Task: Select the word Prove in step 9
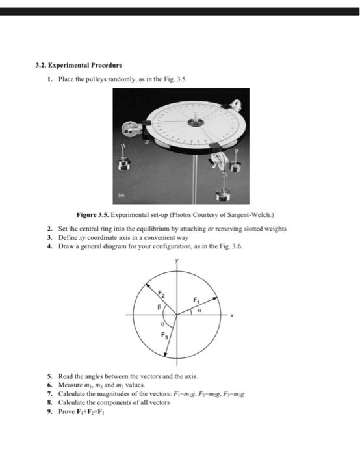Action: click(68, 411)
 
